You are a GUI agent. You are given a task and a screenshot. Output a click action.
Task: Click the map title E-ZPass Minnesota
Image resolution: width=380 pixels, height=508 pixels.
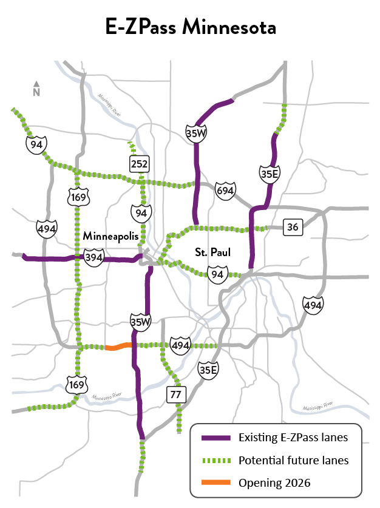[190, 27]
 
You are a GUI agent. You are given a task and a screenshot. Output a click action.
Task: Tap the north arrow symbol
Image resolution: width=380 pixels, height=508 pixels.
[36, 89]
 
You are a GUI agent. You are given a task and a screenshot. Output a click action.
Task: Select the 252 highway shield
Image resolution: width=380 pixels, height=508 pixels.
[139, 163]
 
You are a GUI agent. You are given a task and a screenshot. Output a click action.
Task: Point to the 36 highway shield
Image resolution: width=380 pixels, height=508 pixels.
[293, 228]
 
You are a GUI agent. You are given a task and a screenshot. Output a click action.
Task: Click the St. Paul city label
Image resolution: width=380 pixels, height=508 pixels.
[211, 251]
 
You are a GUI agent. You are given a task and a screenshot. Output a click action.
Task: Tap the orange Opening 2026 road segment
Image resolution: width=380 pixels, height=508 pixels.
[118, 347]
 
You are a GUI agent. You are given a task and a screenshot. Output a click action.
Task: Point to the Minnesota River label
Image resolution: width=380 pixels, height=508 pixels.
[107, 396]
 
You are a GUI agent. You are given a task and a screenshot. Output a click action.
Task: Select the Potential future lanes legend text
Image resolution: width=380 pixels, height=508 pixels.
[293, 460]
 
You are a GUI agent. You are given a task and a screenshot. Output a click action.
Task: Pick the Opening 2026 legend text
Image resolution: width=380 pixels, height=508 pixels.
[274, 483]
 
